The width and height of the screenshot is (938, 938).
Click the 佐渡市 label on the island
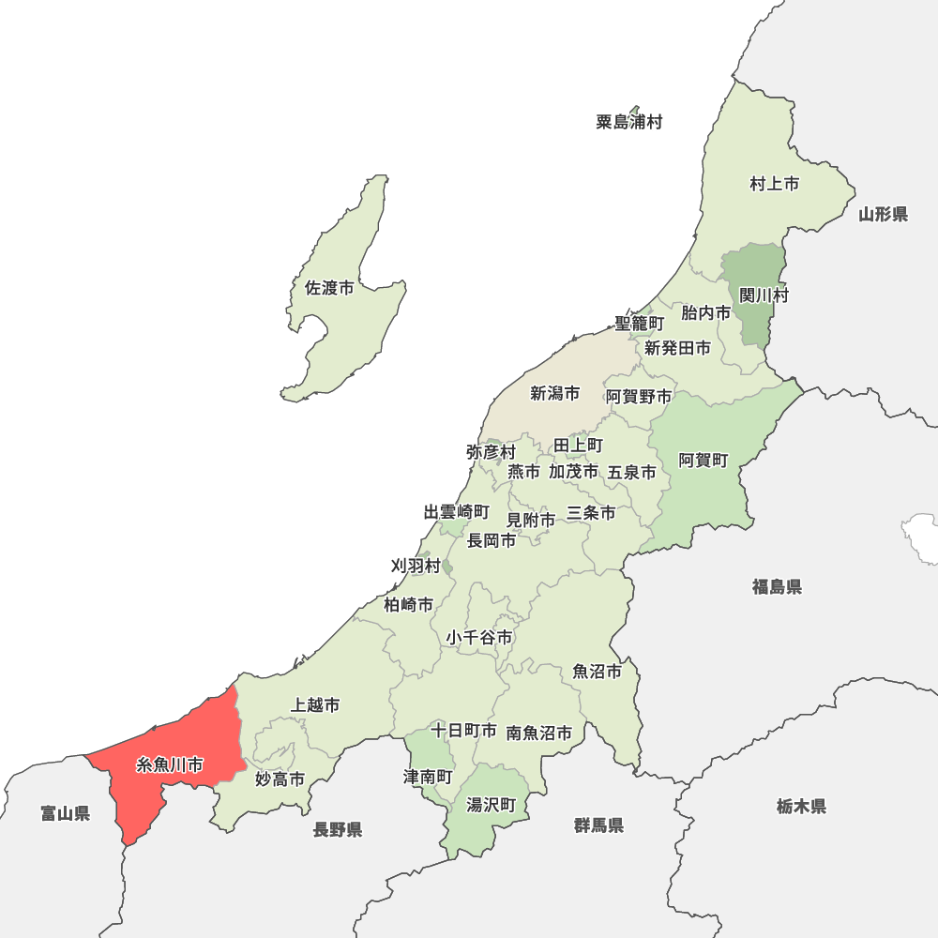click(x=330, y=288)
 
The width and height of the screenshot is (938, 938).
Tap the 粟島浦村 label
click(x=629, y=122)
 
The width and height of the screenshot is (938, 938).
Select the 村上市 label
click(x=775, y=184)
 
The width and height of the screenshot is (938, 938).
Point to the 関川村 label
click(x=764, y=295)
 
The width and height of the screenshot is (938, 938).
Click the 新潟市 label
click(x=554, y=393)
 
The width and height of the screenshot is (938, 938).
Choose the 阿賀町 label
click(x=703, y=460)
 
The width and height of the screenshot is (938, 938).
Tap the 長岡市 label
click(x=492, y=540)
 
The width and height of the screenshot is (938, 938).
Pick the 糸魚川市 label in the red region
click(x=170, y=764)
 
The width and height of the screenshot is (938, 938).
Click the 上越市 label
click(x=316, y=704)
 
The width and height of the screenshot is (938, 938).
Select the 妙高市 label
click(x=280, y=779)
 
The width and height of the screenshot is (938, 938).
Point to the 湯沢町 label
click(x=492, y=805)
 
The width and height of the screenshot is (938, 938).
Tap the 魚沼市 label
click(x=598, y=672)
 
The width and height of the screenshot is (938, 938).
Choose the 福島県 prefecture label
click(x=777, y=587)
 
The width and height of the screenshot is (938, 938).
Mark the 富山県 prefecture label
click(x=66, y=813)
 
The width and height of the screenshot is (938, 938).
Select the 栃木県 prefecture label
click(x=801, y=806)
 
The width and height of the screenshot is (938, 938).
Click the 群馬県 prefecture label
click(x=599, y=825)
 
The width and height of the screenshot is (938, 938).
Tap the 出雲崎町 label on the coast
click(x=456, y=512)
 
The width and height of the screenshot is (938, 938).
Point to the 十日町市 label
click(x=463, y=730)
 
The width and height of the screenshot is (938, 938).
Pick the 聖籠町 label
click(x=639, y=323)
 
